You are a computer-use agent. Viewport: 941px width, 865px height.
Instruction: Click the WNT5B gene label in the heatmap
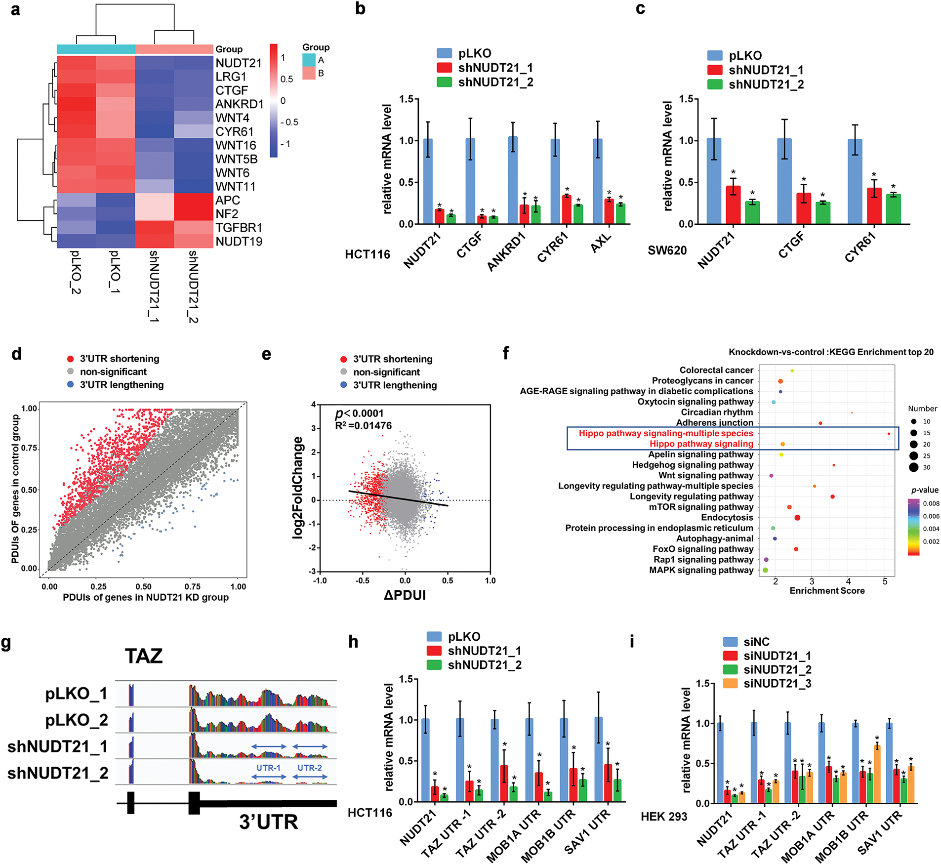click(236, 159)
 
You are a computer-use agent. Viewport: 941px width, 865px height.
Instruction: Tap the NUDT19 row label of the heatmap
click(239, 242)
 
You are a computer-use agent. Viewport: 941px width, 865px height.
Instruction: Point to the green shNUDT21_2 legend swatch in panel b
click(444, 82)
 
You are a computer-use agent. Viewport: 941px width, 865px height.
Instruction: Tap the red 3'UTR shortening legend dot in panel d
click(71, 359)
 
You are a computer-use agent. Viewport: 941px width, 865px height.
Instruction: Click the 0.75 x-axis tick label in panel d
click(192, 586)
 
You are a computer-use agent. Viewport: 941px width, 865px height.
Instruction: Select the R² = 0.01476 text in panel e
click(363, 425)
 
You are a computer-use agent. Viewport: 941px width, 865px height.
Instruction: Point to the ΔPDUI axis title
click(405, 595)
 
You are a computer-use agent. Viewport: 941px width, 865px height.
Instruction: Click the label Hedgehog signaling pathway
click(693, 465)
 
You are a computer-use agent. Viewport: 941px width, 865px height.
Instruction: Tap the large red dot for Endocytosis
click(797, 518)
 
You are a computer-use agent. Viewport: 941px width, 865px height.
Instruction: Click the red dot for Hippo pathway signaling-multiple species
click(889, 434)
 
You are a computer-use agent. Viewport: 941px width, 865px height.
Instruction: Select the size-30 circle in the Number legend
click(913, 467)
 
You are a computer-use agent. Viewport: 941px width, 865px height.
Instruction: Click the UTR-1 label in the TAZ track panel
click(268, 768)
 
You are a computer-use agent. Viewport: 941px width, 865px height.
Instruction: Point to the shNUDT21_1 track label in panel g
click(57, 746)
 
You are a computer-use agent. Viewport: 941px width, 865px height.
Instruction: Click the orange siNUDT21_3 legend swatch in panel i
click(730, 684)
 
